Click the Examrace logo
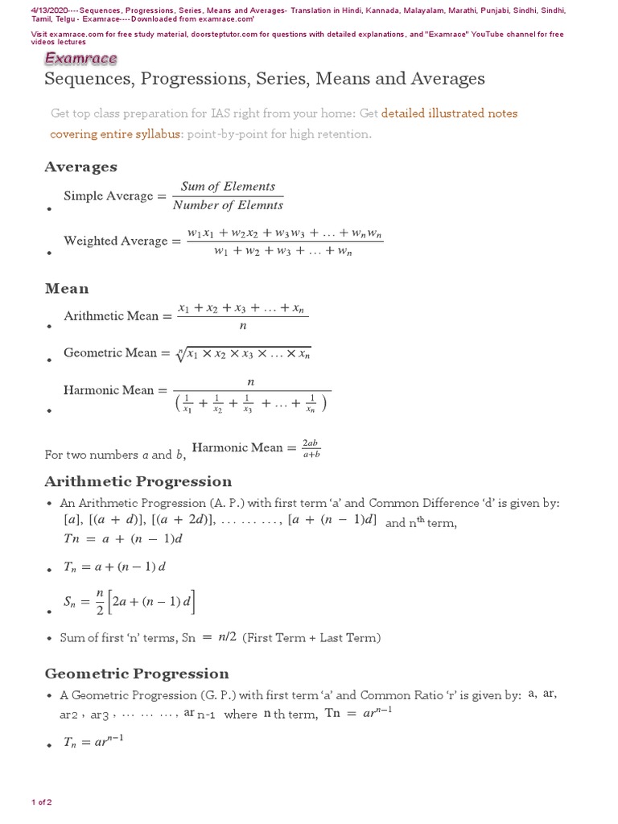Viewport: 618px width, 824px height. coord(80,59)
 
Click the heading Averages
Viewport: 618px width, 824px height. coord(80,167)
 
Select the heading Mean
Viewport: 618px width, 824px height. coord(67,288)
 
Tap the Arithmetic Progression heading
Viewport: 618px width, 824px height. coord(138,481)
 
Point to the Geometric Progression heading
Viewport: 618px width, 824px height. coord(137,674)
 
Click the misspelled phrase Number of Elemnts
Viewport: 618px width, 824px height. coord(227,205)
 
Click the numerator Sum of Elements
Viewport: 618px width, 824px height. coord(228,187)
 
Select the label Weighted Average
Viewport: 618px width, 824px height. coord(116,241)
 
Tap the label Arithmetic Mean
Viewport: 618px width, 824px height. coord(112,316)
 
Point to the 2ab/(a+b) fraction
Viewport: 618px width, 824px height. coord(311,448)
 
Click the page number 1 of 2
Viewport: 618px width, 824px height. coord(41,802)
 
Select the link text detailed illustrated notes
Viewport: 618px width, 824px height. coord(449,113)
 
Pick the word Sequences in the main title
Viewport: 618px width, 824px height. coord(83,79)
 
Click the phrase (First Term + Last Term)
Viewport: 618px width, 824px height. coord(311,638)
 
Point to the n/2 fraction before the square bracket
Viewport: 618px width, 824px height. coord(96,604)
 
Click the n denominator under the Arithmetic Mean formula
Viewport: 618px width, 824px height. coord(242,326)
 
